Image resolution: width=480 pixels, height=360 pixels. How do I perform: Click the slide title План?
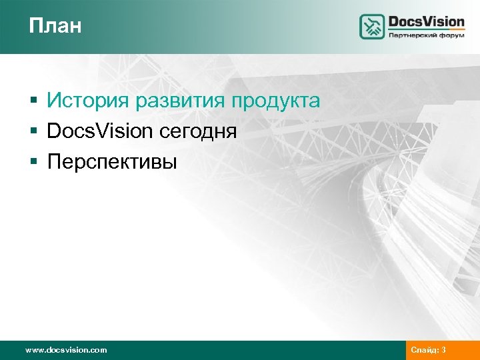pos(55,26)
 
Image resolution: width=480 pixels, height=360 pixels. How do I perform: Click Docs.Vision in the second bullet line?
pos(100,131)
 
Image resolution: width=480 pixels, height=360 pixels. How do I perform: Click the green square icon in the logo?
pos(372,27)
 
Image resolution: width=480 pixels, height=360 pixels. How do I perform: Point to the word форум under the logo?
pos(451,35)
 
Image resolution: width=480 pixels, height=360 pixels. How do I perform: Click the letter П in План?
pos(35,26)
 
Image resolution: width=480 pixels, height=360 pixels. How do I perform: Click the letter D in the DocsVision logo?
pos(394,21)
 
